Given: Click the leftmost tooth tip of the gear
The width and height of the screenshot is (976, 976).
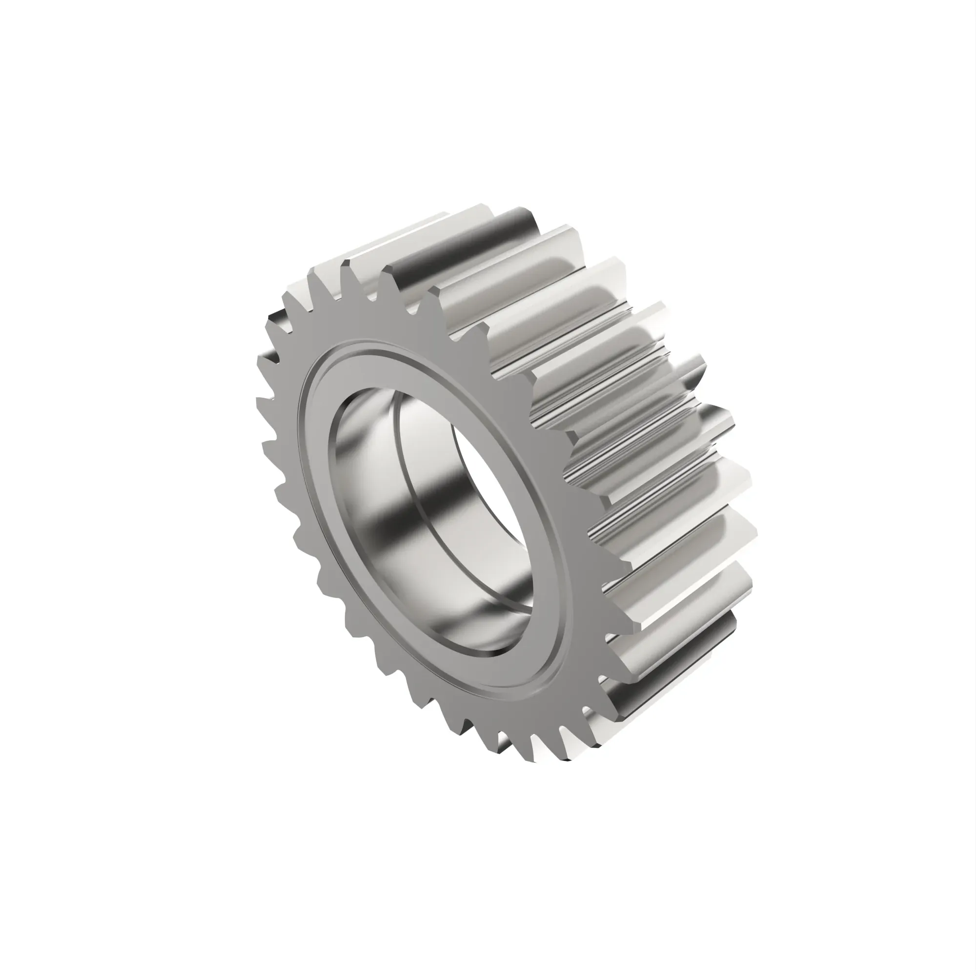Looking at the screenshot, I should point(259,400).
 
